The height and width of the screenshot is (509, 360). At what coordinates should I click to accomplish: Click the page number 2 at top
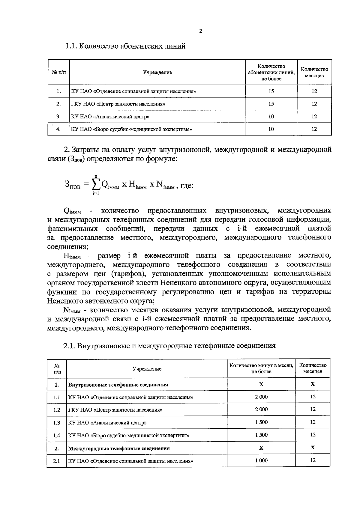pyautogui.click(x=200, y=31)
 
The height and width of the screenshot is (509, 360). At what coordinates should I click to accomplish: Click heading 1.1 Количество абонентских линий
pyautogui.click(x=125, y=46)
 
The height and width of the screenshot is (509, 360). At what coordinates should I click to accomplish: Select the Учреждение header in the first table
pyautogui.click(x=157, y=73)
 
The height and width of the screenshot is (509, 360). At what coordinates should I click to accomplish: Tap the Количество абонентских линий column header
pyautogui.click(x=271, y=72)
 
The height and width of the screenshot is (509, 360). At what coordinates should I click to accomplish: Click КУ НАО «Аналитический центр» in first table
pyautogui.click(x=110, y=117)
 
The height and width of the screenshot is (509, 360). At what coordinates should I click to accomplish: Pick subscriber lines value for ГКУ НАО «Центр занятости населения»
pyautogui.click(x=271, y=104)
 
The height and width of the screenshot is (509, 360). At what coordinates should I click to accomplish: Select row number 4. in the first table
pyautogui.click(x=58, y=129)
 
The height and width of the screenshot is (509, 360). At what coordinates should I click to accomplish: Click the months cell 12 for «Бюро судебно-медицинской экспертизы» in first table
pyautogui.click(x=314, y=129)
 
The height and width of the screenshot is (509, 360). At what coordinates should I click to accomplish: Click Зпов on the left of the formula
pyautogui.click(x=73, y=186)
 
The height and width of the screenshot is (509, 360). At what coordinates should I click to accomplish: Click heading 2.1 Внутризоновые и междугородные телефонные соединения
pyautogui.click(x=169, y=346)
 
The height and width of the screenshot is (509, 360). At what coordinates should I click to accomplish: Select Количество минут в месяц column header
pyautogui.click(x=261, y=368)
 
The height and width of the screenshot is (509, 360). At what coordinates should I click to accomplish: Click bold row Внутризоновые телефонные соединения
pyautogui.click(x=118, y=385)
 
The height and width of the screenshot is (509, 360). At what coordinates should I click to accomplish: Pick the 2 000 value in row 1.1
pyautogui.click(x=261, y=397)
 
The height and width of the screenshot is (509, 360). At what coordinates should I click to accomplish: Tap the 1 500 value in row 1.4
pyautogui.click(x=261, y=435)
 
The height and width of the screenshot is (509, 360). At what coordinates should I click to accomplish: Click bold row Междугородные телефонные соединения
pyautogui.click(x=119, y=448)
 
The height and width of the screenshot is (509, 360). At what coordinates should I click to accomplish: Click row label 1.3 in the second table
pyautogui.click(x=57, y=423)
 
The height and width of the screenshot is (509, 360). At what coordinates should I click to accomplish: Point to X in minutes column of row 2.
pyautogui.click(x=261, y=448)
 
